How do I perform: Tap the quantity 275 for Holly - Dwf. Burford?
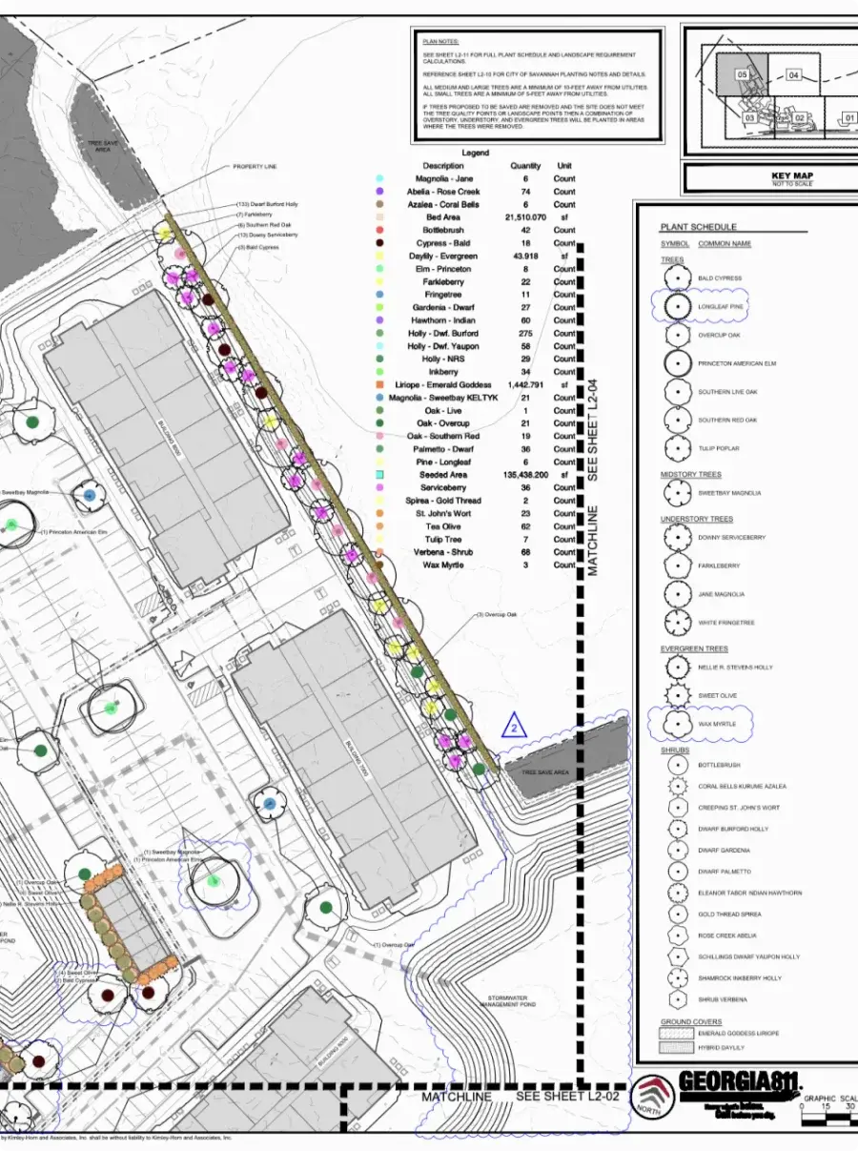click(x=524, y=333)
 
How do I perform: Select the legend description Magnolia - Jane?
click(x=444, y=178)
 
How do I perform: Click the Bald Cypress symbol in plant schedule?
click(x=677, y=278)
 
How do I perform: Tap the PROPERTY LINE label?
click(x=254, y=167)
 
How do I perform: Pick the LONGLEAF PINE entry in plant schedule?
click(x=720, y=307)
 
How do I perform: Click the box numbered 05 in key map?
click(x=742, y=73)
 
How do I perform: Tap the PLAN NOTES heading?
click(x=439, y=43)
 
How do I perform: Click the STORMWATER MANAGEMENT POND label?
click(x=508, y=1001)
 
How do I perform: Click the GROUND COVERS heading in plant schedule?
click(x=690, y=1021)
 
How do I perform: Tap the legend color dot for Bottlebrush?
click(x=380, y=230)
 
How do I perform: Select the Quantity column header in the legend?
click(x=524, y=165)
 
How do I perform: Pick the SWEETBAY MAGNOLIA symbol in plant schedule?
click(x=677, y=493)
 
